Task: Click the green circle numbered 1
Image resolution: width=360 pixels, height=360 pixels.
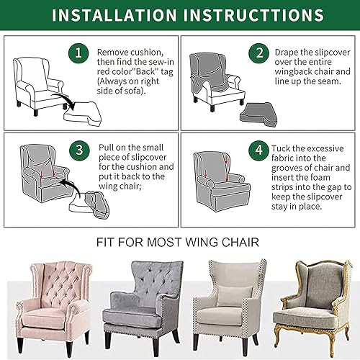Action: tap(81, 54)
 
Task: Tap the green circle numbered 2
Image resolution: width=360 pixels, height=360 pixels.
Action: tap(258, 54)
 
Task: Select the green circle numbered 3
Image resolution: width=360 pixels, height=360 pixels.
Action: tap(81, 150)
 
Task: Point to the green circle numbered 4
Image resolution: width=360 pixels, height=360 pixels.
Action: tap(258, 150)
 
